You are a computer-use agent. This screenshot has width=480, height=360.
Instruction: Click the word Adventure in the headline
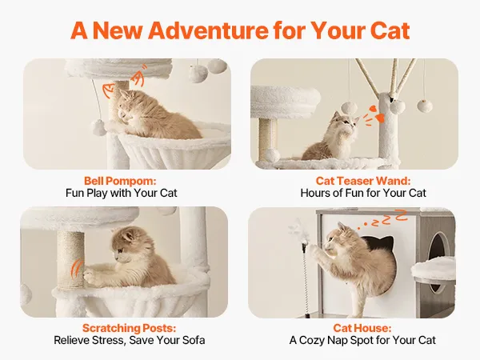[208, 30]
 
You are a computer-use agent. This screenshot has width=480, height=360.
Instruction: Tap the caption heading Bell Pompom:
[120, 181]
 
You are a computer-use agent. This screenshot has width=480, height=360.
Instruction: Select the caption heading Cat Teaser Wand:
[363, 181]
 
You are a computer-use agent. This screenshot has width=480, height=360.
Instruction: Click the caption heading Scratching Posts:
[129, 328]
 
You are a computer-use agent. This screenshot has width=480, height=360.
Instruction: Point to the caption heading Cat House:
[362, 328]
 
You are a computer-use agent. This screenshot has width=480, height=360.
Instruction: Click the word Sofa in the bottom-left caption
[194, 340]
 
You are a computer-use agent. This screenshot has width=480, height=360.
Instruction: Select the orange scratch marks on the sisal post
[77, 268]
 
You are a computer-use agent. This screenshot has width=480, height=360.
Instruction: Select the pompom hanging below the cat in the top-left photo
[99, 127]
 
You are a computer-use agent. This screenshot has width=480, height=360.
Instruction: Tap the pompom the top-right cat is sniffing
[350, 109]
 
